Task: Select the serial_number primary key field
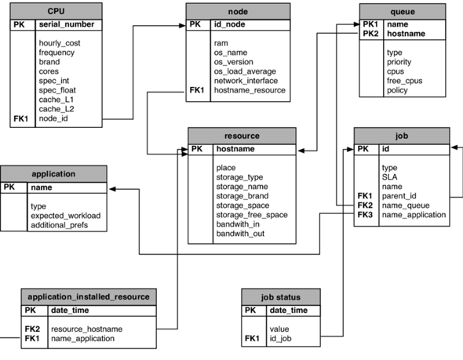click(x=67, y=25)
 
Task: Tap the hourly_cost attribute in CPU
click(x=60, y=42)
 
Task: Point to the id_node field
click(x=231, y=25)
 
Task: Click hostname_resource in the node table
click(x=250, y=90)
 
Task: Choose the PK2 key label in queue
click(x=370, y=35)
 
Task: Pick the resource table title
click(x=241, y=135)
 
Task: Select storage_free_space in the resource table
click(x=252, y=215)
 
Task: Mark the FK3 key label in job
click(x=365, y=214)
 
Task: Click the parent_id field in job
click(x=399, y=195)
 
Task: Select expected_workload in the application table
click(x=65, y=216)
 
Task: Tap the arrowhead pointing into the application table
click(x=112, y=188)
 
